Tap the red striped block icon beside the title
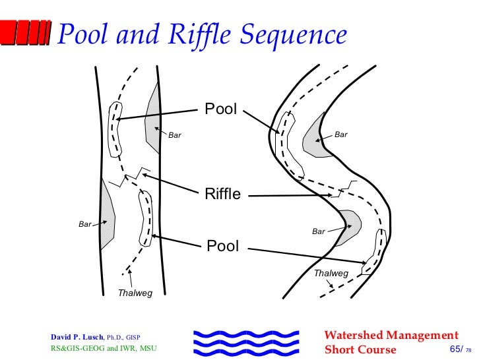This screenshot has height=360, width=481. coord(26,32)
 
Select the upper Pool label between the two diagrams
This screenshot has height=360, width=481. coord(220,109)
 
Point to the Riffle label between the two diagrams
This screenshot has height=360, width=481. coord(222,195)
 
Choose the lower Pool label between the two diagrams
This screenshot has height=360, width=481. coord(222,247)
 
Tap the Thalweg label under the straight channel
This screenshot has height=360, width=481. coord(135,293)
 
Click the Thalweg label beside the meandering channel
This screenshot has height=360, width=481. coord(331,273)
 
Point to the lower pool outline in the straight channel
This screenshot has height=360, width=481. coord(145,220)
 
